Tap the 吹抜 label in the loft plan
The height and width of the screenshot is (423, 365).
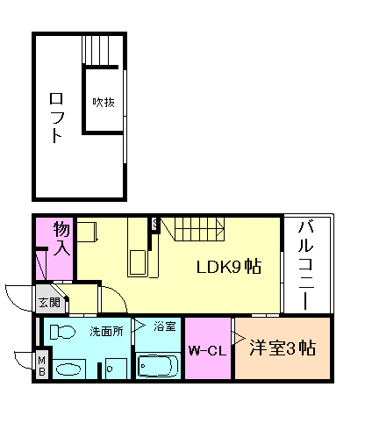coord(104,101)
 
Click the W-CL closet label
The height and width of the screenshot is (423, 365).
coord(206,350)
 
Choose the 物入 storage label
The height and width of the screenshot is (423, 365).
coord(61,236)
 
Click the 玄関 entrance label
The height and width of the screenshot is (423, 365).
coord(48,303)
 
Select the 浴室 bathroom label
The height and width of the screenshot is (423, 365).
coord(165,326)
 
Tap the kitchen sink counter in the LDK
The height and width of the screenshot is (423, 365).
coord(140,262)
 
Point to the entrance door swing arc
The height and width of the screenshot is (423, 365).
coord(18,298)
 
